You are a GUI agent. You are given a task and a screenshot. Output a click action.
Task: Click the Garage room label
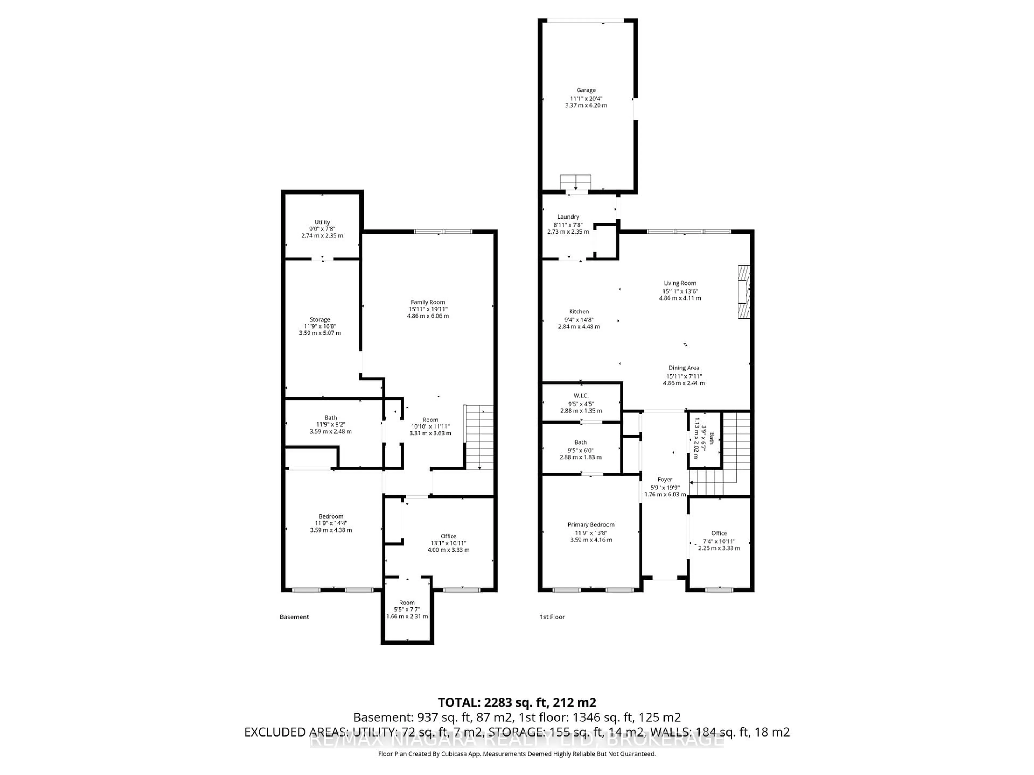tap(586, 90)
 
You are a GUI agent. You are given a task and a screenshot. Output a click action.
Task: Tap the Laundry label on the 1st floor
tap(568, 217)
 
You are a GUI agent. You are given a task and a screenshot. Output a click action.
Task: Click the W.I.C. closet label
tap(581, 396)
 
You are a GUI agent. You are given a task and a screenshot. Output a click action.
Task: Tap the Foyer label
tap(665, 479)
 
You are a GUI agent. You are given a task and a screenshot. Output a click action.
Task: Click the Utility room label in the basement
tap(322, 222)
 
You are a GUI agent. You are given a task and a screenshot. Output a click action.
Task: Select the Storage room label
tap(320, 319)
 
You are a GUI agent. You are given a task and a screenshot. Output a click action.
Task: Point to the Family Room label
tap(428, 302)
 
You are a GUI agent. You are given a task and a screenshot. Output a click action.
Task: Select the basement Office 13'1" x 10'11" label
tap(448, 536)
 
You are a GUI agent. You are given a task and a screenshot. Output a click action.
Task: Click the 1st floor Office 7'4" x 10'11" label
tap(719, 533)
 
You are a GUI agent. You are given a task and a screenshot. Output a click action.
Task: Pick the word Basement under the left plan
tap(294, 617)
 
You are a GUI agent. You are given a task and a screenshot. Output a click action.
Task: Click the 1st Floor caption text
tap(552, 617)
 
